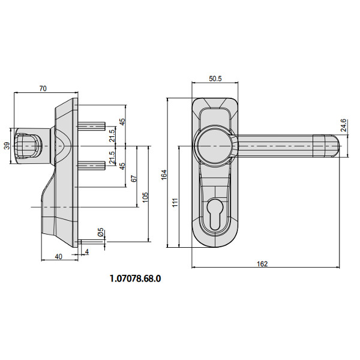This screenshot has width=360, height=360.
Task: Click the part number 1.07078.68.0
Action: pyautogui.click(x=136, y=278)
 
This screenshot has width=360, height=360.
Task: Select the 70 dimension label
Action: pyautogui.click(x=43, y=88)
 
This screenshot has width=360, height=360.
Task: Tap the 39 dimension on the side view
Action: pyautogui.click(x=7, y=146)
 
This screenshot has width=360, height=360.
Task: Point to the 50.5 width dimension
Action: pyautogui.click(x=215, y=79)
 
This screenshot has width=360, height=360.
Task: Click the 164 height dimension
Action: pyautogui.click(x=163, y=175)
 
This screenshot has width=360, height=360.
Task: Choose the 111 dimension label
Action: pyautogui.click(x=175, y=203)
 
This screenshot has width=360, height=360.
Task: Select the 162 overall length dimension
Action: pyautogui.click(x=262, y=264)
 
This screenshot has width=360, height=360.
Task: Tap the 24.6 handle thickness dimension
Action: pyautogui.click(x=343, y=125)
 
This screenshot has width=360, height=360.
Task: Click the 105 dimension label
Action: pyautogui.click(x=145, y=197)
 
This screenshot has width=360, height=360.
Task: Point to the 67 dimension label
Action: pyautogui.click(x=134, y=179)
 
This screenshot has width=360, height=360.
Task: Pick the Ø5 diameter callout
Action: pyautogui.click(x=101, y=232)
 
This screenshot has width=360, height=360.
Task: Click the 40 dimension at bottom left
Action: pyautogui.click(x=59, y=256)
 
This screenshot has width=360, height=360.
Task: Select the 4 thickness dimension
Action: pyautogui.click(x=87, y=252)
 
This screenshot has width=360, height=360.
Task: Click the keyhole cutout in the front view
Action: pyautogui.click(x=215, y=214)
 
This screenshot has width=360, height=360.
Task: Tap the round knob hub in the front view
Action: pyautogui.click(x=214, y=146)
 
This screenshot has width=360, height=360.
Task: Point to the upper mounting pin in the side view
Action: pyautogui.click(x=92, y=126)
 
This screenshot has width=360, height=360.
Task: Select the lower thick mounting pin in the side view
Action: pyautogui.click(x=92, y=166)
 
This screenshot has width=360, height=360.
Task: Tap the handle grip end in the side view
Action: pyautogui.click(x=27, y=146)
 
